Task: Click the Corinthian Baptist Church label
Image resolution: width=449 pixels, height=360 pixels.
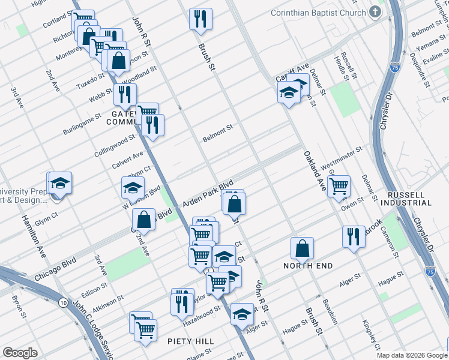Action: pyautogui.click(x=318, y=13)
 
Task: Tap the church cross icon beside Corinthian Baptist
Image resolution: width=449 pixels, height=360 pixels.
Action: pyautogui.click(x=375, y=12)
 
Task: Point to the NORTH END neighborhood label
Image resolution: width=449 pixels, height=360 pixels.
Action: pyautogui.click(x=309, y=265)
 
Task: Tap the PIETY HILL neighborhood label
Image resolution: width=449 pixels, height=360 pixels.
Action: pyautogui.click(x=190, y=341)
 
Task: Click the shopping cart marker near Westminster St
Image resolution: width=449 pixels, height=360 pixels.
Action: pyautogui.click(x=339, y=187)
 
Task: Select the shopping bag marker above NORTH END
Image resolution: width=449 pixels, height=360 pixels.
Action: pyautogui.click(x=303, y=248)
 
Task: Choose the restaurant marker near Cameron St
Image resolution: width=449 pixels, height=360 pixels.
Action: pyautogui.click(x=354, y=236)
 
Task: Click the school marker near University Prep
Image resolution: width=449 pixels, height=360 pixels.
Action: pyautogui.click(x=60, y=183)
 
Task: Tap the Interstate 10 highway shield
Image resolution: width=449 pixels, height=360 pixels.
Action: pyautogui.click(x=64, y=303)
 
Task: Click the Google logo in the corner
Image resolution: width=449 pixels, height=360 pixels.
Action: pyautogui.click(x=20, y=353)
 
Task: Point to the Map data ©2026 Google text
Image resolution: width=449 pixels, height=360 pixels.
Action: pyautogui.click(x=412, y=355)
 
